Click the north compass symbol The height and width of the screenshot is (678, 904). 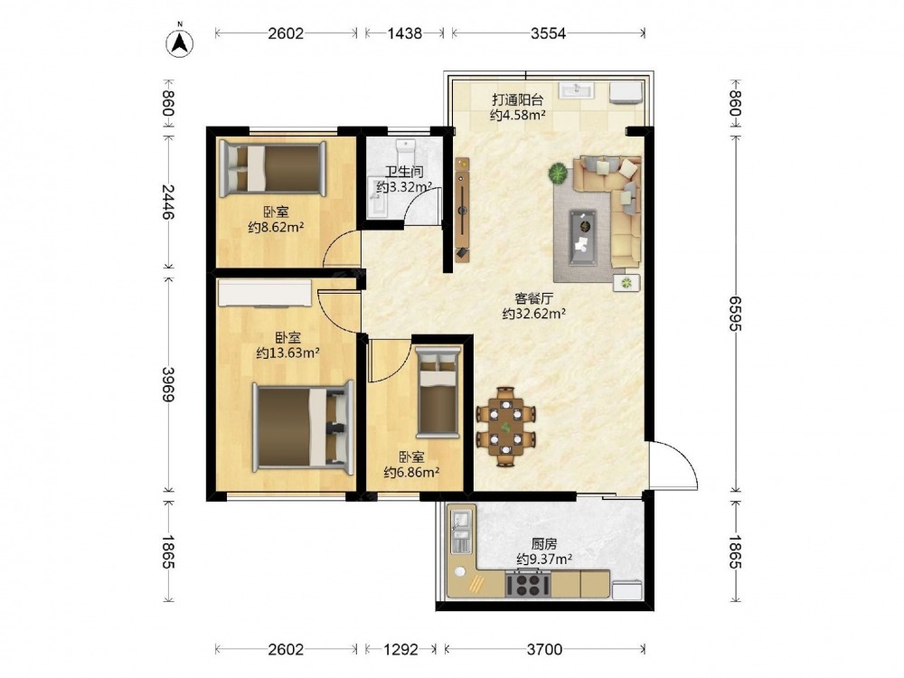[x=180, y=42]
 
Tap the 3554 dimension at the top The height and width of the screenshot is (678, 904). [x=549, y=33]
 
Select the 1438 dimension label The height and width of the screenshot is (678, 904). [x=404, y=33]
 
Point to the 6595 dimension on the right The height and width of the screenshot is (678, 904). [x=734, y=314]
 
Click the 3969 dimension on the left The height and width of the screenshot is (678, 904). [x=168, y=384]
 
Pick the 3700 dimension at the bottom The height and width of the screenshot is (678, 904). [x=544, y=650]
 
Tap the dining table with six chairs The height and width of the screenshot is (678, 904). [x=505, y=426]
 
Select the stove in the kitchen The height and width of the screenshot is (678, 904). [x=528, y=583]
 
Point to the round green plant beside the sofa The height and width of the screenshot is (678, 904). [x=558, y=174]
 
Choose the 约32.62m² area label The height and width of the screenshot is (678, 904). [x=533, y=315]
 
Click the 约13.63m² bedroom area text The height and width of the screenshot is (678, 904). [x=287, y=353]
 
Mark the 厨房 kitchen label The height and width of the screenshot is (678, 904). [x=544, y=543]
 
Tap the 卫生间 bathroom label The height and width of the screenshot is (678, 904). [x=404, y=172]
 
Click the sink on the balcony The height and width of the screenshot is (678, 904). [x=576, y=91]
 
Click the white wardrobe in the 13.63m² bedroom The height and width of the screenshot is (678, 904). [x=265, y=293]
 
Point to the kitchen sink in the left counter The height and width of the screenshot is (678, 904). [x=460, y=531]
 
